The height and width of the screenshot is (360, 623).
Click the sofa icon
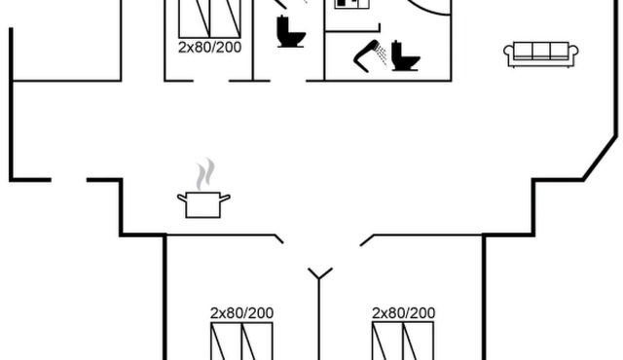541,54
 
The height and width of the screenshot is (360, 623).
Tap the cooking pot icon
203,204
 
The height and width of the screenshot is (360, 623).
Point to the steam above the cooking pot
205,174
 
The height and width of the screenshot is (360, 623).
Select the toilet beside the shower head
405,55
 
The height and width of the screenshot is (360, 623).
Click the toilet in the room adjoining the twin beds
291,32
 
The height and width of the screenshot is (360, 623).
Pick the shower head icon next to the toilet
366,56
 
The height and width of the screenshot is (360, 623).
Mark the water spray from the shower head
382,54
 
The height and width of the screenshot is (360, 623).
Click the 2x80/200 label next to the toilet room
210,48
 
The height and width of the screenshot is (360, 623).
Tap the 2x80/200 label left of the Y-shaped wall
241,313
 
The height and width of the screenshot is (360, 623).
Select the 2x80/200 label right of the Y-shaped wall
403,313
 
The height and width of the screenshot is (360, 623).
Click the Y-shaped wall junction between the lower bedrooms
319,277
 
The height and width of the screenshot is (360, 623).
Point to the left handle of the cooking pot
182,198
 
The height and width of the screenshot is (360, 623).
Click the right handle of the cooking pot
225,198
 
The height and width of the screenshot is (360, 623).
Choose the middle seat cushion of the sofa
541,51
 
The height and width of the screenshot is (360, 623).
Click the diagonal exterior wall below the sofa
600,158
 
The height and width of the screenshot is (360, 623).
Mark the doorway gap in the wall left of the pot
69,180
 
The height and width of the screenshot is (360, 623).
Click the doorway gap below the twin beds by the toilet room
211,81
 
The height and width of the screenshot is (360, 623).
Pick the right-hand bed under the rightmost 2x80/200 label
418,342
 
